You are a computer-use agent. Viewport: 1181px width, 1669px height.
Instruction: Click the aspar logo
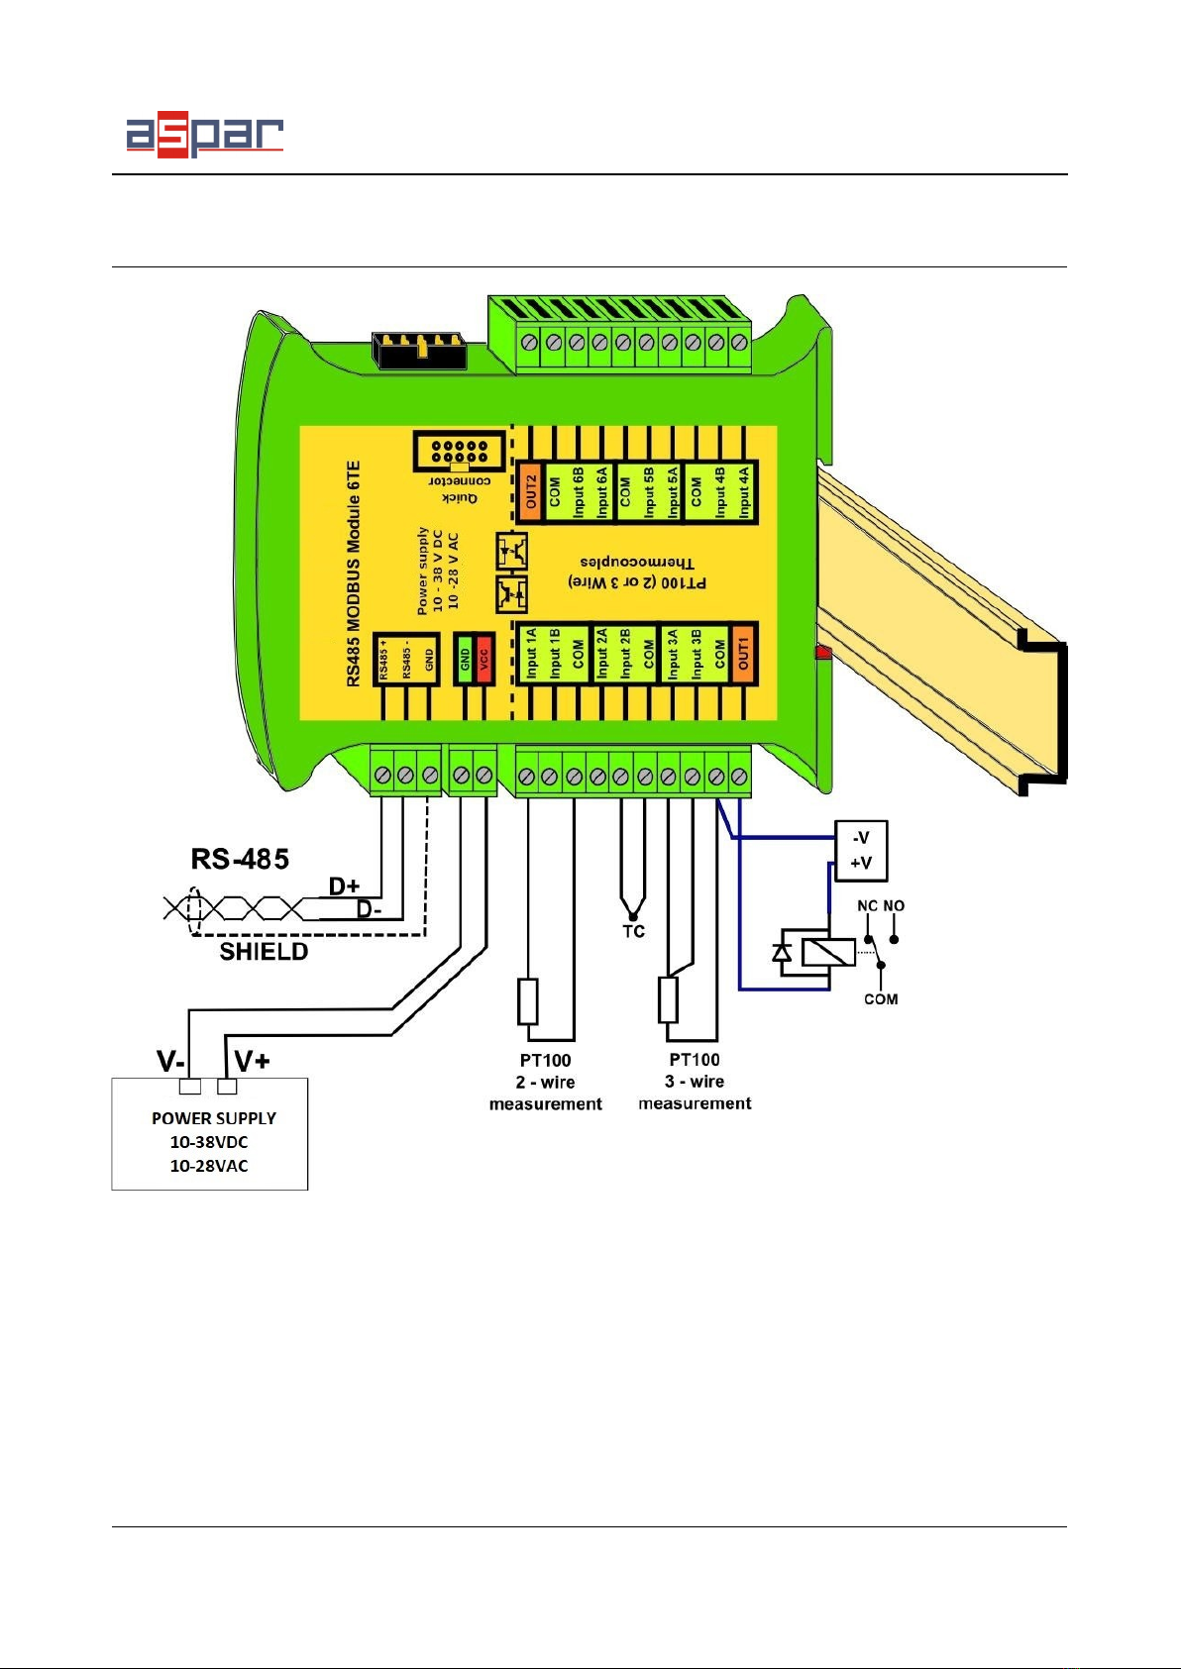coord(204,136)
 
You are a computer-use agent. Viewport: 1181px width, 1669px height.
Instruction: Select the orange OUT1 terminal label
coord(743,652)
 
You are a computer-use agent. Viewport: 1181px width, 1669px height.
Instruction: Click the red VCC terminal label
coord(484,658)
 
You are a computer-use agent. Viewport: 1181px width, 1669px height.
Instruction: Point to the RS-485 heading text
coord(240,858)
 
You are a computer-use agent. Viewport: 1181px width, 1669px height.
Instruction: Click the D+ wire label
coord(344,887)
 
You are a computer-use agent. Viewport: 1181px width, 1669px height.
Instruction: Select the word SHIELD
coord(264,952)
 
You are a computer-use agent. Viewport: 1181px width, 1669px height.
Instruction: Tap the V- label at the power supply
coord(169,1062)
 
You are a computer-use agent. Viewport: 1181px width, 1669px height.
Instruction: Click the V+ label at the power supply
coord(253,1062)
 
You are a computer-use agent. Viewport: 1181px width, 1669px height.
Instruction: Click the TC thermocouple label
coord(633,931)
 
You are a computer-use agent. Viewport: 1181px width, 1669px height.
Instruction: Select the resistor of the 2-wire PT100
coord(528,1000)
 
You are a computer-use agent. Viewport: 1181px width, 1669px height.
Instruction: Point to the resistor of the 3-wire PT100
coord(668,1000)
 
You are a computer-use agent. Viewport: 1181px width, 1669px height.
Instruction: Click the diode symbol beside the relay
coord(782,953)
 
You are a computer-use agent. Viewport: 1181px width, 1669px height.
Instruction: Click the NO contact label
coord(894,905)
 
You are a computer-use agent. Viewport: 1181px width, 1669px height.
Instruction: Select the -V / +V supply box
coord(861,851)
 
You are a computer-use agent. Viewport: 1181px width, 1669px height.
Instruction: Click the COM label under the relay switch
coord(881,999)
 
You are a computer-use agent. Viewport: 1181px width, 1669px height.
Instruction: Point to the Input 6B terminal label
coord(578,491)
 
